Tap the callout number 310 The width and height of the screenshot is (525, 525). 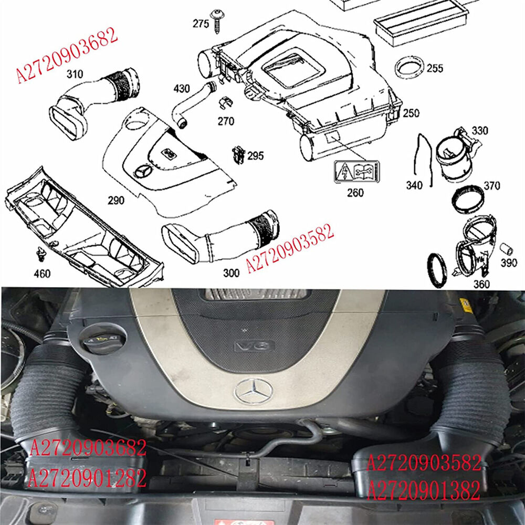tap(75, 75)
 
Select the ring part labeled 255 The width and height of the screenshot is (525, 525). tap(410, 68)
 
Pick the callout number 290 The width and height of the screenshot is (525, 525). tap(116, 200)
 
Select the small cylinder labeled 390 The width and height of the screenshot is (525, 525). tap(506, 248)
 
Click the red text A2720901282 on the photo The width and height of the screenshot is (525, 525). tap(88, 478)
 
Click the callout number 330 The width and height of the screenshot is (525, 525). tap(479, 130)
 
